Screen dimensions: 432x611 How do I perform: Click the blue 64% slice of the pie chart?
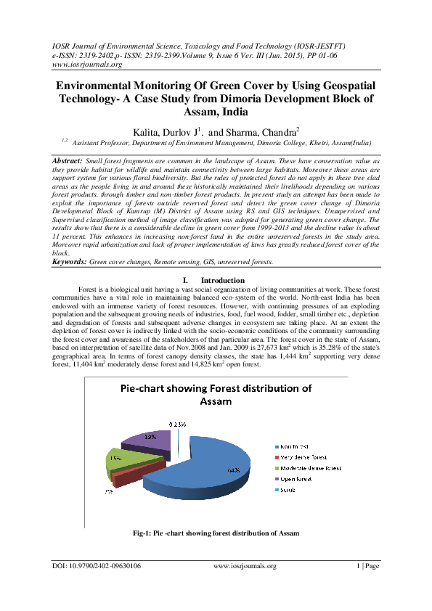coord(211,464)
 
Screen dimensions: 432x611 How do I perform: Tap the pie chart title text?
coord(215,395)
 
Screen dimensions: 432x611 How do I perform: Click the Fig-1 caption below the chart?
coord(216,534)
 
